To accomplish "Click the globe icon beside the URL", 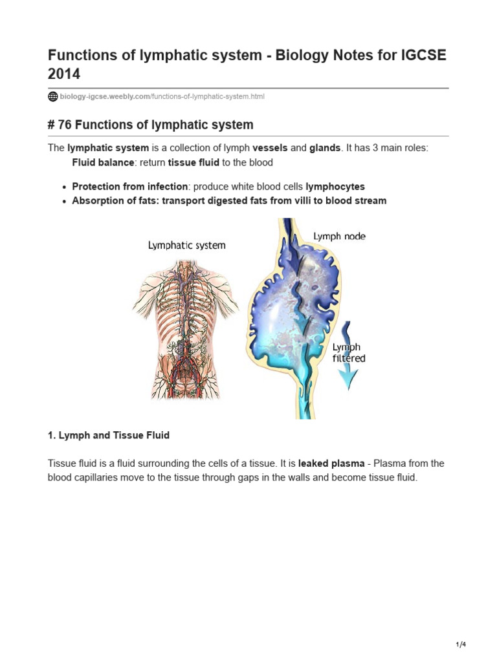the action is tap(53, 96).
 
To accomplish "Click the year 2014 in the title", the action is tap(64, 74).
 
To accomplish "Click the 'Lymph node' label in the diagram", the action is tap(339, 237).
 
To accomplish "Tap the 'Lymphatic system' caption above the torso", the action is tap(187, 245).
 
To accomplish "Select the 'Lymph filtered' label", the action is tap(348, 352).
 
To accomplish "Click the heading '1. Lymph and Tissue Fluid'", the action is tap(109, 435).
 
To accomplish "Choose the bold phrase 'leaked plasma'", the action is tap(331, 464).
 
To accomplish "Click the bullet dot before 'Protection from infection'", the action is tap(64, 187).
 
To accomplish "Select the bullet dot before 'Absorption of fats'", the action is tap(64, 201).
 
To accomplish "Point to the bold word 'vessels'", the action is tap(270, 148).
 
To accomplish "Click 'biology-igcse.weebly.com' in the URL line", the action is tap(105, 96).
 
